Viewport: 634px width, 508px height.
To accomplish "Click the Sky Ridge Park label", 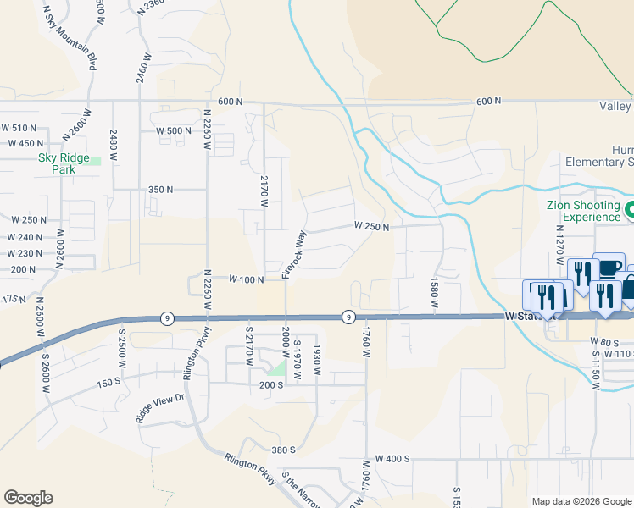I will (57, 163).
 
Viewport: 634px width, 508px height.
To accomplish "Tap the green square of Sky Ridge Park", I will (97, 160).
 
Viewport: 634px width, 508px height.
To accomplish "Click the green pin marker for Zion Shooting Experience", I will (629, 209).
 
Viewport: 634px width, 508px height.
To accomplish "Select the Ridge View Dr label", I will (159, 408).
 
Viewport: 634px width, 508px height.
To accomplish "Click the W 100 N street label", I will (247, 279).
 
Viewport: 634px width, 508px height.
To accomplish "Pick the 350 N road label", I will (161, 190).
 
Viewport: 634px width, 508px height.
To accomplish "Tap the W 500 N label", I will (175, 131).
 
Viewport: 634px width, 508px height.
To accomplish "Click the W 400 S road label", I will (392, 458).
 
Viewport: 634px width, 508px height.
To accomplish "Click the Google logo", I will (28, 498).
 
